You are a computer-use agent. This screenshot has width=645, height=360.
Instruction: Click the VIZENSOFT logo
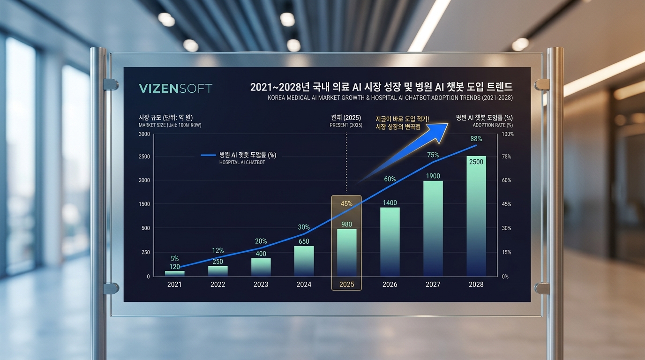(x=175, y=88)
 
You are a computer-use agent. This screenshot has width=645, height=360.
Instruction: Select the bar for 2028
(x=476, y=216)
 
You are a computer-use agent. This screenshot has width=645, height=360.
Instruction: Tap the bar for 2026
(x=390, y=241)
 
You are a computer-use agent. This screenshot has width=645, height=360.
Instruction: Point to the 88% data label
(x=476, y=139)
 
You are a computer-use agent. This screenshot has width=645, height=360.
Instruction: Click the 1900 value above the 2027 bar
(x=433, y=176)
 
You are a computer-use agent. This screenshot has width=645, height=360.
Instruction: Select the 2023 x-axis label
(x=261, y=285)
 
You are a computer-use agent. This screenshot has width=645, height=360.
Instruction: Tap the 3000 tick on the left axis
(x=144, y=134)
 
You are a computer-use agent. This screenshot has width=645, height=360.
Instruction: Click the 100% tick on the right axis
(x=508, y=134)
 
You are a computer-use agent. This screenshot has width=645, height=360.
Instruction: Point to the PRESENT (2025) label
(x=346, y=125)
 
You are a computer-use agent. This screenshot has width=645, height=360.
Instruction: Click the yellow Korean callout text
(x=402, y=123)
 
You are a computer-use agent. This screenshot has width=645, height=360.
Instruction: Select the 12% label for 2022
(x=217, y=250)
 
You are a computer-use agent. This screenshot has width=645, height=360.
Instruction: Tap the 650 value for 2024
(x=304, y=241)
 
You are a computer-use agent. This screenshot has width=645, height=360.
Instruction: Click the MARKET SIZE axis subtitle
(x=170, y=125)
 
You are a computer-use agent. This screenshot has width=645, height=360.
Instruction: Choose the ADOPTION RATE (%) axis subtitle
(x=492, y=125)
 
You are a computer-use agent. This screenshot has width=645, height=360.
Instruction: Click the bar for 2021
(x=174, y=273)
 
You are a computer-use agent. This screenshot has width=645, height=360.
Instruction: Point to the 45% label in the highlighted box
(x=346, y=203)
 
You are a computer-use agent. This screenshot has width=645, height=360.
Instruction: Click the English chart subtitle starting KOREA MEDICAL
(x=390, y=98)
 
